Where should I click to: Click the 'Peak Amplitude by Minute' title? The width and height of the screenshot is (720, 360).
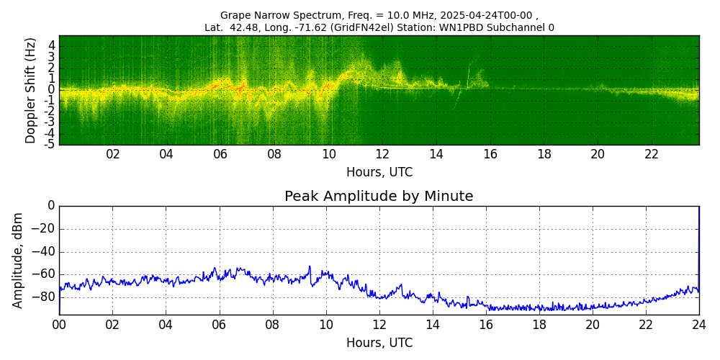click(x=379, y=197)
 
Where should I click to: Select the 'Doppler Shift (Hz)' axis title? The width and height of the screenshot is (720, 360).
click(x=31, y=90)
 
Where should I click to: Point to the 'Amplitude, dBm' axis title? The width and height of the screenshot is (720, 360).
click(x=19, y=260)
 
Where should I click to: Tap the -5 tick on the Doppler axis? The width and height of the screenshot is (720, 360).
click(x=50, y=144)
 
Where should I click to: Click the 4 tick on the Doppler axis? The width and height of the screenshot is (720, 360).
click(x=52, y=45)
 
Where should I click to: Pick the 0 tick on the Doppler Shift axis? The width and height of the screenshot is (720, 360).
click(x=52, y=90)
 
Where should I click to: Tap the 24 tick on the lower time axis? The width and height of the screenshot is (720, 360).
click(x=698, y=325)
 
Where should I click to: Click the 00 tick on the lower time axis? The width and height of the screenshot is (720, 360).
click(x=59, y=325)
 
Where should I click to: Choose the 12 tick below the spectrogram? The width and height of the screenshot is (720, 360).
click(x=382, y=154)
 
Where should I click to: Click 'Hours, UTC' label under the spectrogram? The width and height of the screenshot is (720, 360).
click(x=379, y=172)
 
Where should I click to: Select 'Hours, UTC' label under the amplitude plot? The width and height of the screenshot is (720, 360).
click(x=379, y=343)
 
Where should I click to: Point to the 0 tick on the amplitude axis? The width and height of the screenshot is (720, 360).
click(x=51, y=206)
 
